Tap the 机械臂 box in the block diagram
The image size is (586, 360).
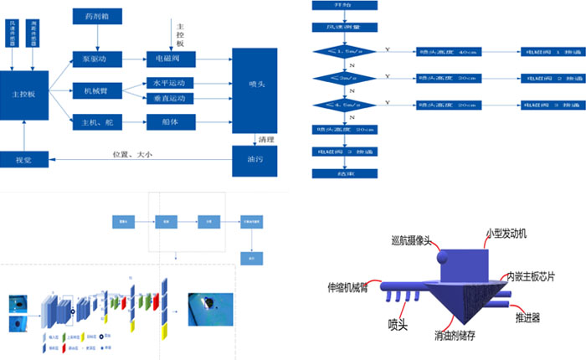pos(97,90)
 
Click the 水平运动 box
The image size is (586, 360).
pos(170,83)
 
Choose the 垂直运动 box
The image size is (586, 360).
pos(170,99)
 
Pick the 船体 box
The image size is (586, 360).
pos(170,121)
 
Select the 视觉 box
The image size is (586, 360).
pos(25,159)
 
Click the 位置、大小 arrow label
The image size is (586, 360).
pos(135,153)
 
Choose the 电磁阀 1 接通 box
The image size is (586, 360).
pos(547,52)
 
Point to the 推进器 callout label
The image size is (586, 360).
pos(527,319)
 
